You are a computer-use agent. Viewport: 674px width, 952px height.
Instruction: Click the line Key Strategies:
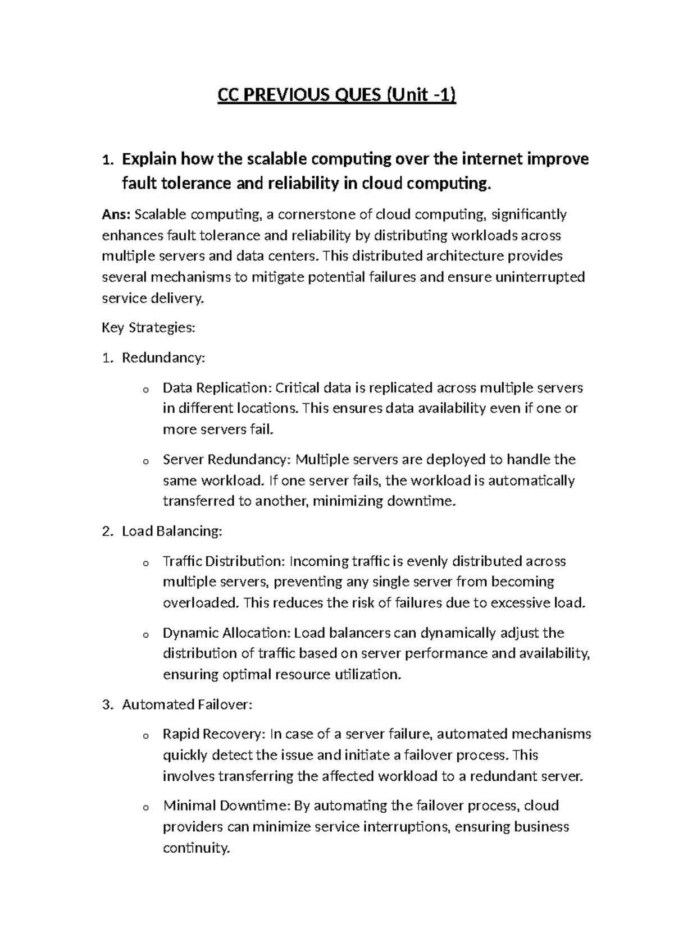[148, 328]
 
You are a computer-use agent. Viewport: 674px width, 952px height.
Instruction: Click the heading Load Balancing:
[172, 531]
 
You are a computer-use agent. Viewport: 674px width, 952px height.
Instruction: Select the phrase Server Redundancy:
[227, 460]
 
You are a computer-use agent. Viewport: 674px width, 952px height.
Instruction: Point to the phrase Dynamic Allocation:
[226, 633]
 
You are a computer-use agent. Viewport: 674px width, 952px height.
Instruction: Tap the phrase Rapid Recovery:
[215, 734]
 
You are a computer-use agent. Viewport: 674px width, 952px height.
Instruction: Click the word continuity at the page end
[196, 848]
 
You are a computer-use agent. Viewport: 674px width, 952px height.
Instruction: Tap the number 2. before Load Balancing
[108, 531]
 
